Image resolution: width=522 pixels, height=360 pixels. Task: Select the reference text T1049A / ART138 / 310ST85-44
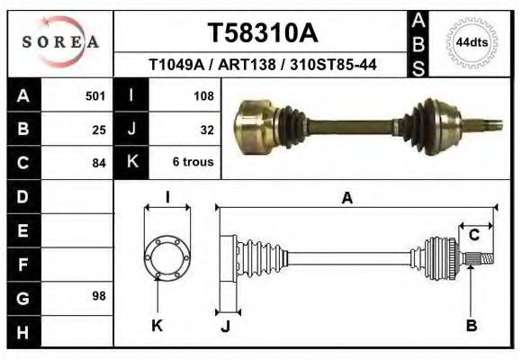pyautogui.click(x=262, y=66)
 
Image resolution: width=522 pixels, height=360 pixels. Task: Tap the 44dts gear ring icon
pyautogui.click(x=472, y=42)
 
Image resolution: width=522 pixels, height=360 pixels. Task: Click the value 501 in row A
pyautogui.click(x=95, y=95)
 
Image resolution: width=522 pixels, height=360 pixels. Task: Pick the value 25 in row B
pyautogui.click(x=99, y=129)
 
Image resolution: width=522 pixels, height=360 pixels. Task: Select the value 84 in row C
pyautogui.click(x=99, y=163)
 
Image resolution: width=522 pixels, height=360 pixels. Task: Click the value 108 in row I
pyautogui.click(x=203, y=95)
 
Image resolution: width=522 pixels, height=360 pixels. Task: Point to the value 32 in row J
pyautogui.click(x=206, y=129)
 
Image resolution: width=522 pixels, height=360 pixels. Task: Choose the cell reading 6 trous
pyautogui.click(x=193, y=163)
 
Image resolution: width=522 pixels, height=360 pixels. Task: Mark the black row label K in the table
pyautogui.click(x=131, y=163)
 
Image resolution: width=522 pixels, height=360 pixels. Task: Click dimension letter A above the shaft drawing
pyautogui.click(x=346, y=199)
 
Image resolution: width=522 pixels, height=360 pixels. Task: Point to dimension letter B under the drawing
pyautogui.click(x=471, y=326)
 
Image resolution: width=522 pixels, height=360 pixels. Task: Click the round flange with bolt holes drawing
pyautogui.click(x=167, y=258)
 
